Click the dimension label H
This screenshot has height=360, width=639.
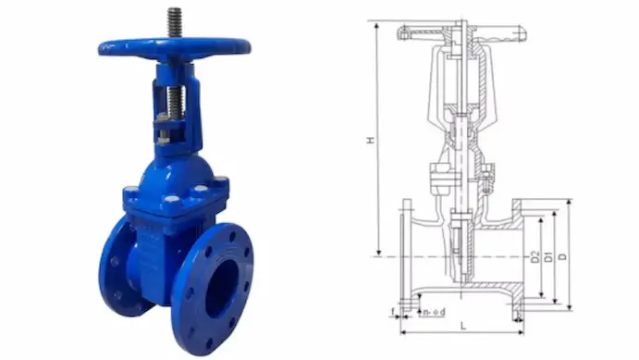click(370, 140)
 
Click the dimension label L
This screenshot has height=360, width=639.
click(461, 326)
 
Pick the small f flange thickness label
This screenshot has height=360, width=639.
click(394, 312)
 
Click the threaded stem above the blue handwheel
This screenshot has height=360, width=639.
click(173, 23)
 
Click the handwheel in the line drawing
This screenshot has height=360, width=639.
click(461, 33)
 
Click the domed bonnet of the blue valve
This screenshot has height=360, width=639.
click(176, 171)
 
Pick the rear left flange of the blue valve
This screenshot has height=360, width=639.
click(116, 264)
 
